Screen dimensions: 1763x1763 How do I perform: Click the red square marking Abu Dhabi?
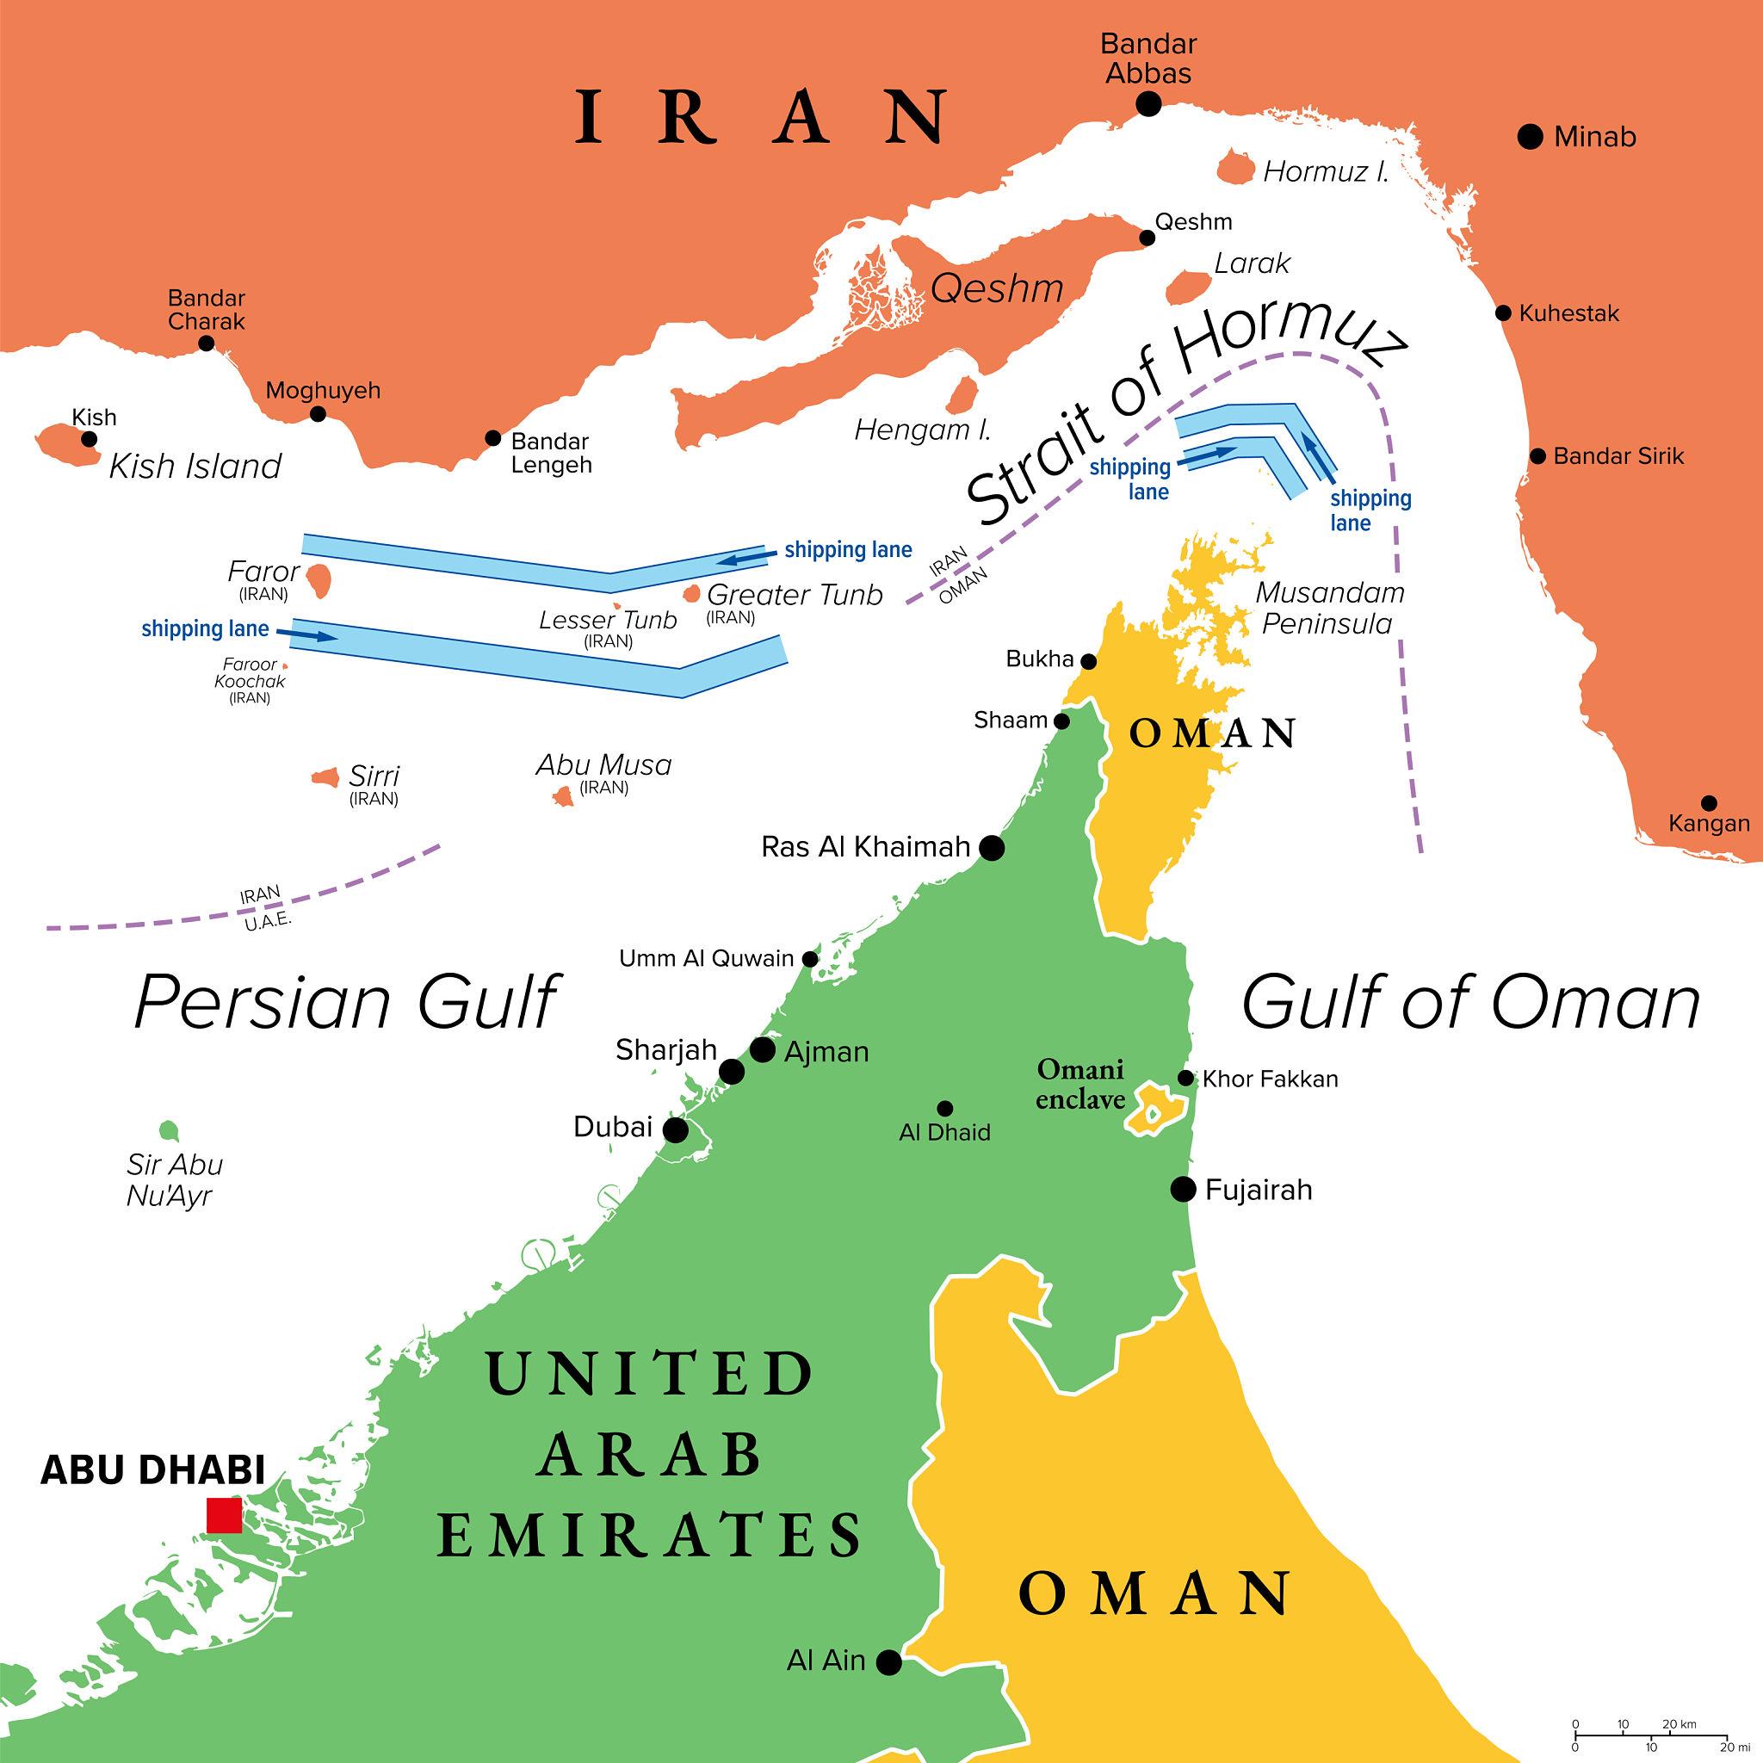224,1516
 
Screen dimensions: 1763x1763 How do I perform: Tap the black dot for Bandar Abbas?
1148,104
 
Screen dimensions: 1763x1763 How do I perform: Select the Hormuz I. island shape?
1236,170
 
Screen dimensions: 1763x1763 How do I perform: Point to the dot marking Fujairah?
1183,1189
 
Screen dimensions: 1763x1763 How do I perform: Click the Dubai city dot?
675,1130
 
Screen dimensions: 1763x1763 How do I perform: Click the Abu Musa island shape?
562,796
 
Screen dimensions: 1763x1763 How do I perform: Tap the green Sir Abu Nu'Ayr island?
167,1130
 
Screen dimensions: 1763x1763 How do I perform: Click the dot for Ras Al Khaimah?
992,849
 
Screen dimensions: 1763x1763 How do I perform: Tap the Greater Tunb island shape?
692,594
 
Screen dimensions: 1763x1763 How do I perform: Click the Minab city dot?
1531,137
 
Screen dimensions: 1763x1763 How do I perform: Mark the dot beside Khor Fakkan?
1185,1078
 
